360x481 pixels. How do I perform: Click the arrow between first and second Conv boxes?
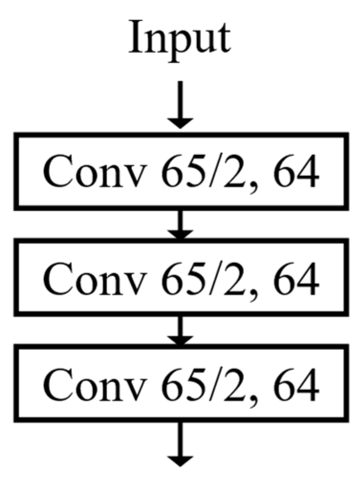(x=180, y=225)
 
